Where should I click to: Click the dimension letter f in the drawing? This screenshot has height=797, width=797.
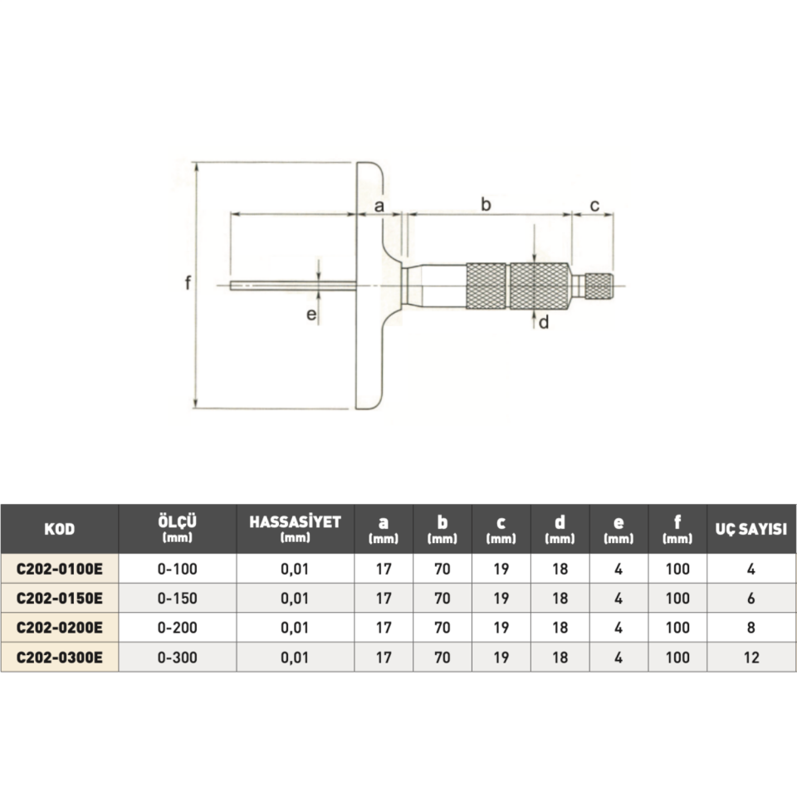[x=188, y=282]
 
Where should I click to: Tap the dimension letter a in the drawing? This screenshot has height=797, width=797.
[x=379, y=206]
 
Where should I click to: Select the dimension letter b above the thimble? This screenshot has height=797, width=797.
[x=486, y=204]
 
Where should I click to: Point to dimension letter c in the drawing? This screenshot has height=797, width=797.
[x=594, y=205]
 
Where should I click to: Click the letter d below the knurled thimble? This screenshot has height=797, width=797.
[x=544, y=322]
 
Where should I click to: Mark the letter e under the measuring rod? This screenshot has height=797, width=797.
[x=311, y=315]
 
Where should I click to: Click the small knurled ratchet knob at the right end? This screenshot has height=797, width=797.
[x=599, y=286]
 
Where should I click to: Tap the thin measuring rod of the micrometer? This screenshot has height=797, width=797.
[x=293, y=286]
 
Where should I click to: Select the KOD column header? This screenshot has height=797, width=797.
[x=60, y=529]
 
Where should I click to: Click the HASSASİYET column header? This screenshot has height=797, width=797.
[x=295, y=522]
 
